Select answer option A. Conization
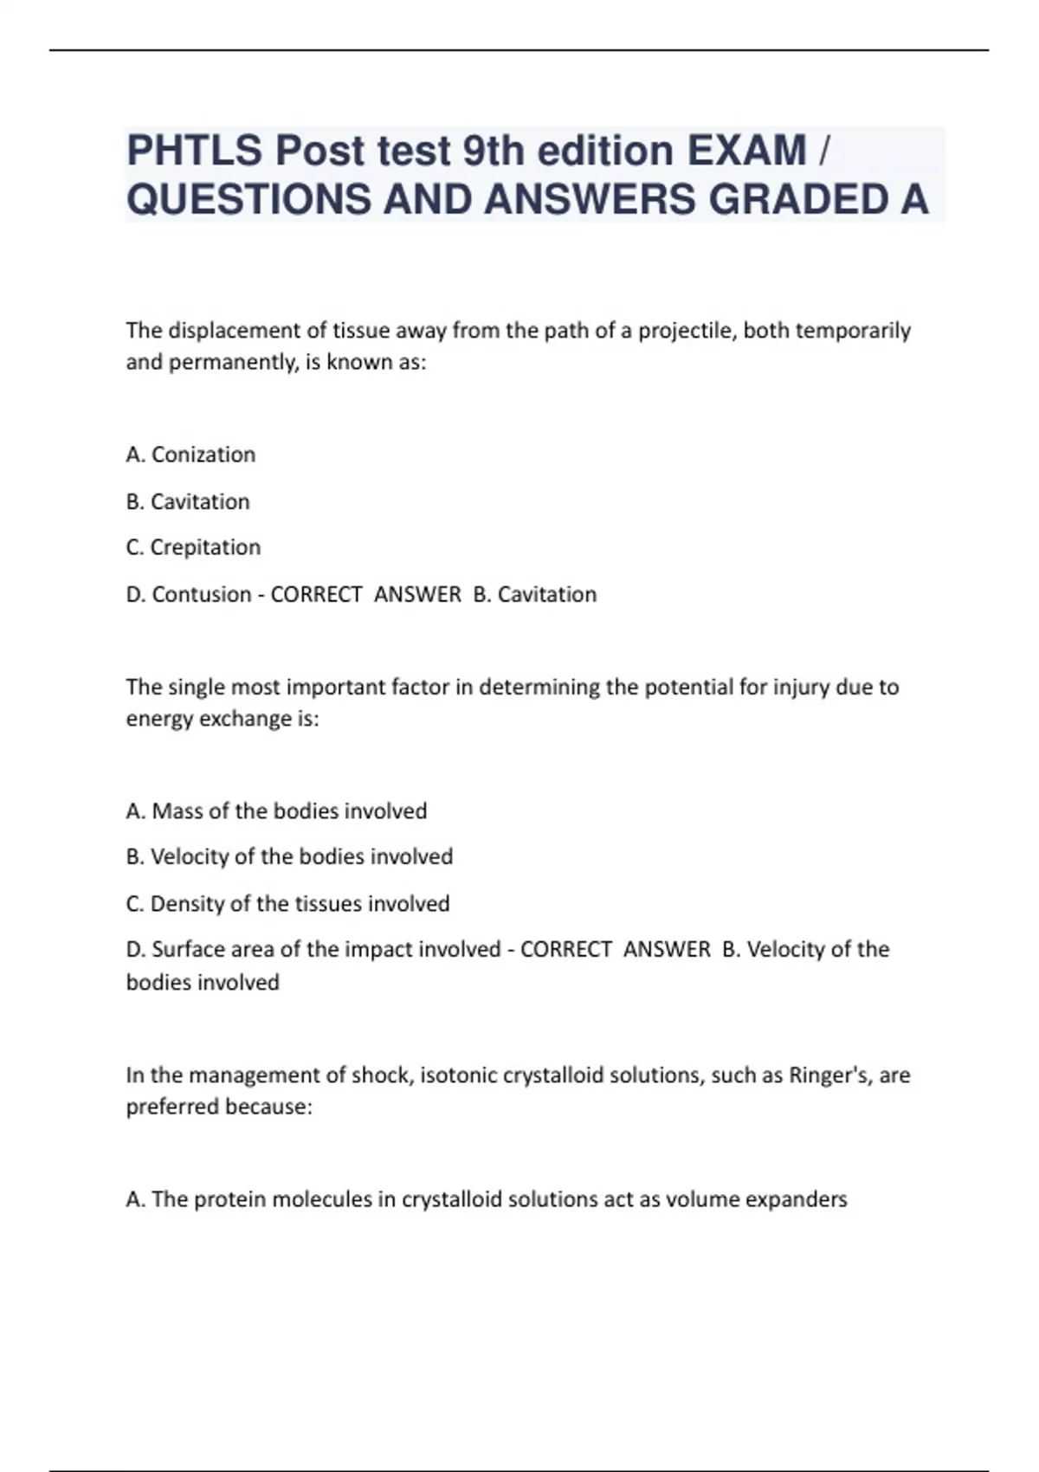(x=190, y=455)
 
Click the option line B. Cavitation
(x=188, y=501)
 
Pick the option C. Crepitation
(x=193, y=547)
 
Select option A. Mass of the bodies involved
(x=276, y=811)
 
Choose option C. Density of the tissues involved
(x=287, y=904)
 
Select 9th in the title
(x=494, y=151)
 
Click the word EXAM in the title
(x=745, y=151)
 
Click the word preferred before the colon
(x=171, y=1107)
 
